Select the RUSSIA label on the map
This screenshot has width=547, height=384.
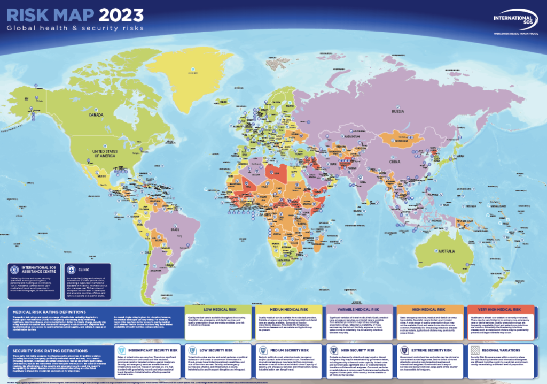[x=397, y=112]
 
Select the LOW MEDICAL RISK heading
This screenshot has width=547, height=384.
[x=218, y=310]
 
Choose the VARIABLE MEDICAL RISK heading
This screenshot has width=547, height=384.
[x=360, y=310]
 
